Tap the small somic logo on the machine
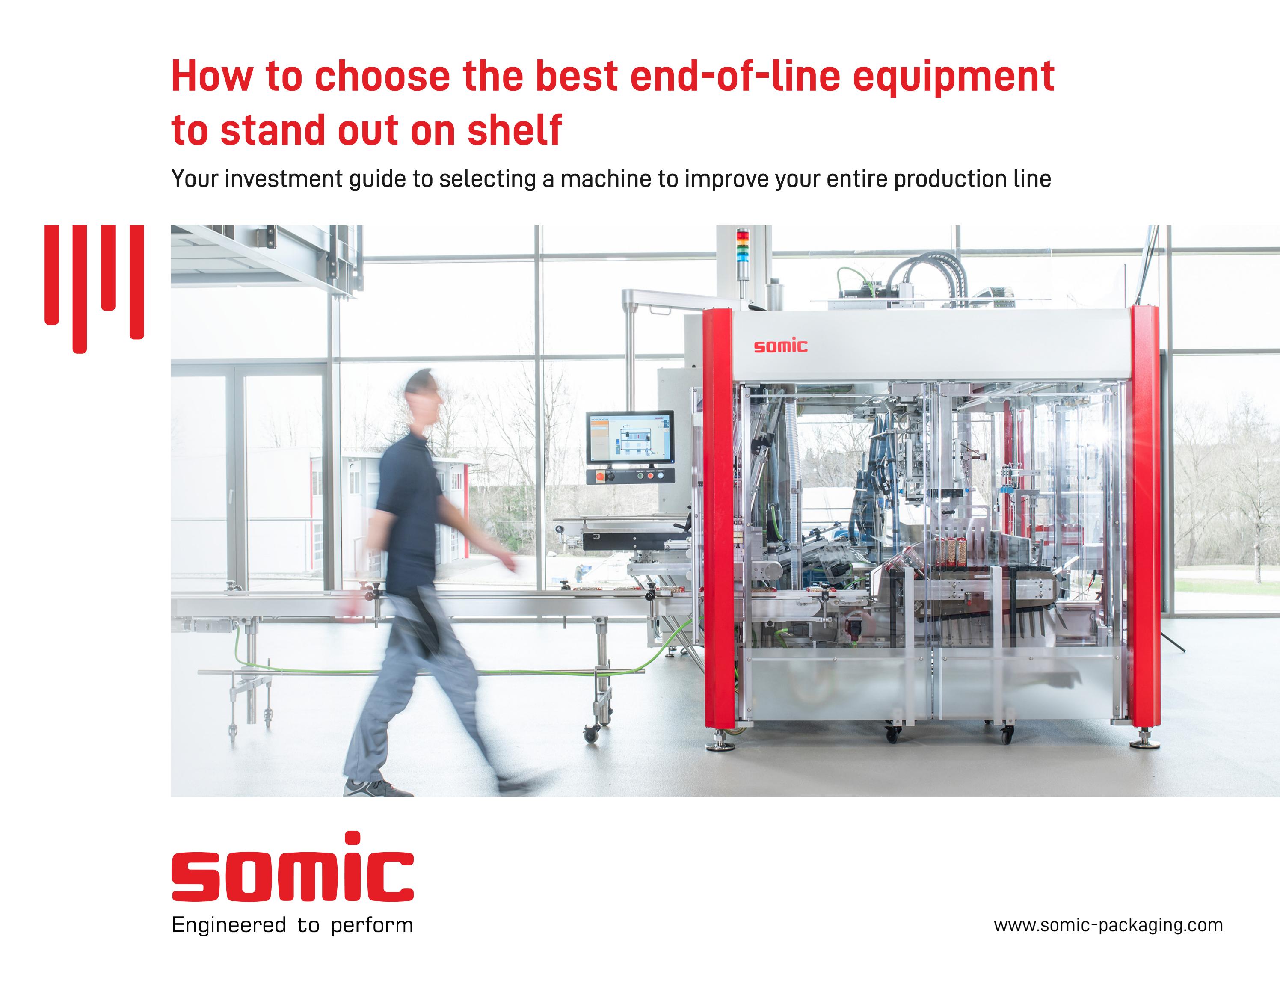pos(780,346)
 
